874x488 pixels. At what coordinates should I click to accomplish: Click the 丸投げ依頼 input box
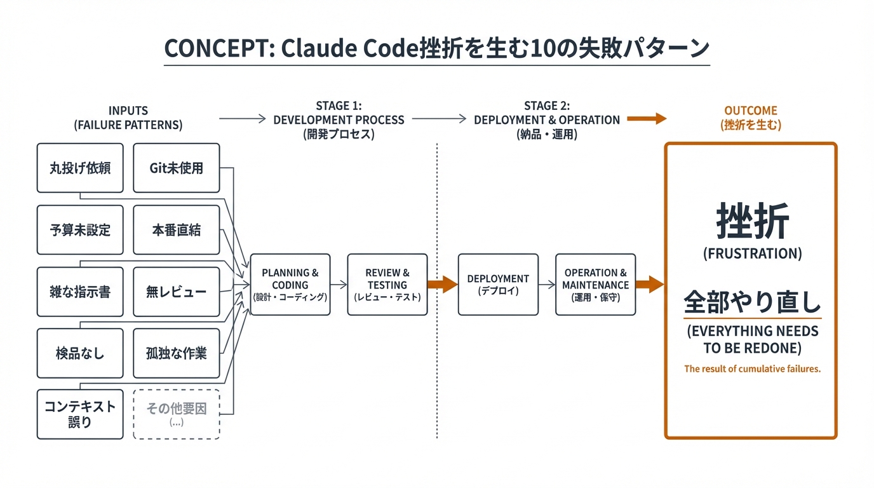pos(80,168)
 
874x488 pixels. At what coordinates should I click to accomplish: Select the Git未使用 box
pos(176,168)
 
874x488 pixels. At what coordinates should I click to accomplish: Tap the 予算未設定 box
pos(80,229)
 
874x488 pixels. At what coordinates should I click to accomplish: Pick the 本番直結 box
pos(176,229)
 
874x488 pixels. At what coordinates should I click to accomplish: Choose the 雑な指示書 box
pos(80,292)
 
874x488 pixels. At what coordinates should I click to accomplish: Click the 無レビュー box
pos(176,292)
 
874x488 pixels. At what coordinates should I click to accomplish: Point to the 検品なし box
pos(80,353)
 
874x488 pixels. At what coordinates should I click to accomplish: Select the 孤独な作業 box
pos(176,353)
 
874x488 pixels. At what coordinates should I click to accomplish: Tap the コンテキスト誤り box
pos(80,414)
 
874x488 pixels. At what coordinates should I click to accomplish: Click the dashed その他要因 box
pos(176,414)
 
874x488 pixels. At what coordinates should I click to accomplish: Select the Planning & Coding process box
pos(290,285)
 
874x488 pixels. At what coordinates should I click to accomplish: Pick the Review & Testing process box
pos(387,285)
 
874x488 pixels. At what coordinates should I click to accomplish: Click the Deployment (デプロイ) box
pos(498,285)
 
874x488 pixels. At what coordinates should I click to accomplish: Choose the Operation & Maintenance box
pos(595,285)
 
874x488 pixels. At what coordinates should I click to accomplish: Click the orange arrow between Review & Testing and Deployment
pos(442,285)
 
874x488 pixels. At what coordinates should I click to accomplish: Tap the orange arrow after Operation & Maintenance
pos(649,285)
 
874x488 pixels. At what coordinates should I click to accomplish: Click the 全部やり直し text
pos(752,302)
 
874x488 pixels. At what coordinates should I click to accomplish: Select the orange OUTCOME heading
pos(751,111)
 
